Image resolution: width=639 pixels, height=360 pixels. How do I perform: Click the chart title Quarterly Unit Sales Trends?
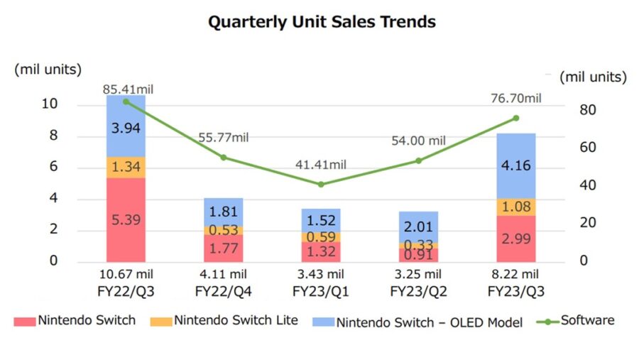[321, 22]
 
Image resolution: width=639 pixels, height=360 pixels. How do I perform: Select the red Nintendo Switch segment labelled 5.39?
[126, 219]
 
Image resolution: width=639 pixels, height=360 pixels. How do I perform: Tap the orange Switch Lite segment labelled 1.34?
[126, 168]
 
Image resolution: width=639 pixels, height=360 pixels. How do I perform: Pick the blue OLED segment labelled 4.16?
[516, 165]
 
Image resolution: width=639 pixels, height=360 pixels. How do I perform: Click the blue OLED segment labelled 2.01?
[418, 227]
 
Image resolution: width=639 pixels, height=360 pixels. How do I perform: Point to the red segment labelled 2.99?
[516, 239]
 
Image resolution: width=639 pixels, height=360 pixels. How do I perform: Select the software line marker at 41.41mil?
[321, 184]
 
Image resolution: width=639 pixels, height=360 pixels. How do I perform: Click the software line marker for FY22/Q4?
[224, 157]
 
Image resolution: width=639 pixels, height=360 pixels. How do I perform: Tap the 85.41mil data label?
[129, 89]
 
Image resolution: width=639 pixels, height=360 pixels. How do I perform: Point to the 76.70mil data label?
[515, 98]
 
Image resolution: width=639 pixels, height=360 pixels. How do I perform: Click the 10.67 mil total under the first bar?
[126, 274]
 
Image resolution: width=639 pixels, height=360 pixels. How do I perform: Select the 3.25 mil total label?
[418, 274]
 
